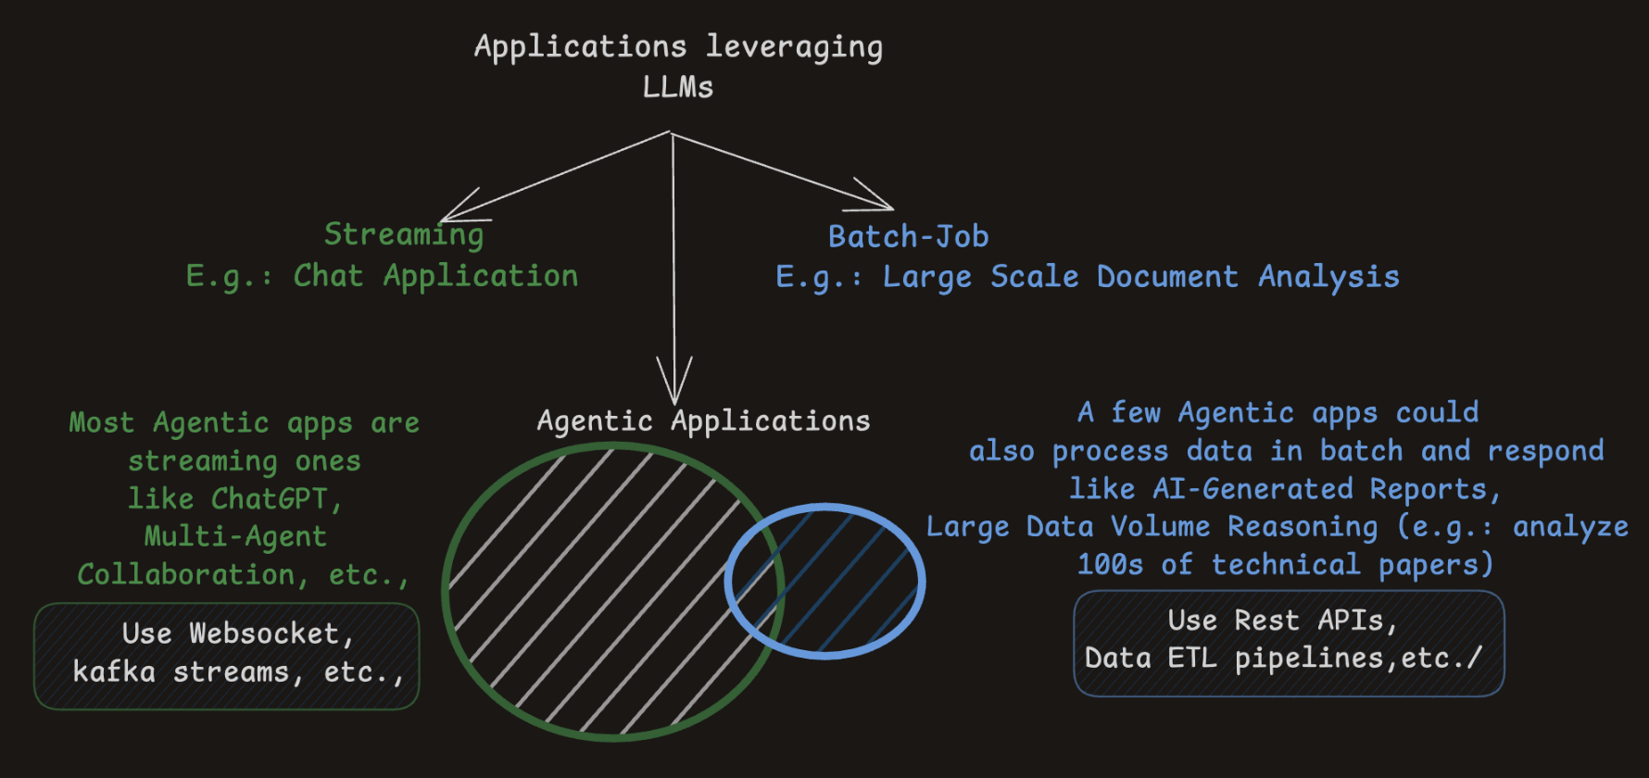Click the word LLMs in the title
pos(678,87)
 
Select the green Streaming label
pos(404,235)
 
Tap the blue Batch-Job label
pos(908,237)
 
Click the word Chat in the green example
pos(328,276)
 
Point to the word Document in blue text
pos(1167,277)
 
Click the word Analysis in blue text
pos(1328,277)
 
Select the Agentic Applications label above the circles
pos(703,421)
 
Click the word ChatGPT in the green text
pos(269,499)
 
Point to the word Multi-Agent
pos(235,537)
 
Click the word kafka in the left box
pos(114,671)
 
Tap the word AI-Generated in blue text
pos(1252,489)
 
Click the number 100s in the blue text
pos(1110,565)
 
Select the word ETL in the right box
pos(1191,659)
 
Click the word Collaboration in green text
pos(185,575)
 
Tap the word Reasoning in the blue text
pos(1303,527)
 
